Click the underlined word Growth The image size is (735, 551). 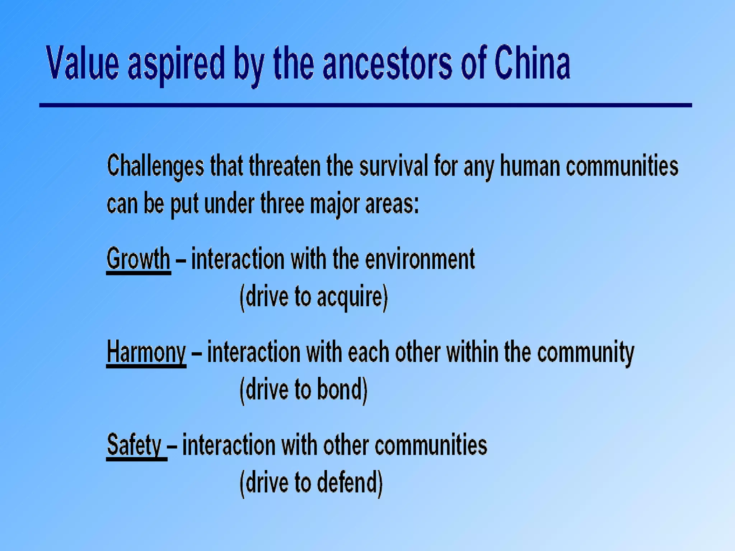pyautogui.click(x=138, y=259)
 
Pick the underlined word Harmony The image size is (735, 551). pyautogui.click(x=146, y=352)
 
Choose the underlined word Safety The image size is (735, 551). pyautogui.click(x=135, y=445)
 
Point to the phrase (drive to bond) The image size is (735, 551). pyautogui.click(x=304, y=390)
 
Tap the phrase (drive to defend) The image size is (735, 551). pyautogui.click(x=311, y=483)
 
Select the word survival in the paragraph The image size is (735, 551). pyautogui.click(x=394, y=166)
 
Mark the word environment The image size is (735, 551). pyautogui.click(x=420, y=259)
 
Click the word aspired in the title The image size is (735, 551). pyautogui.click(x=176, y=65)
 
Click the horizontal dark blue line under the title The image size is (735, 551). pyautogui.click(x=365, y=105)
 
